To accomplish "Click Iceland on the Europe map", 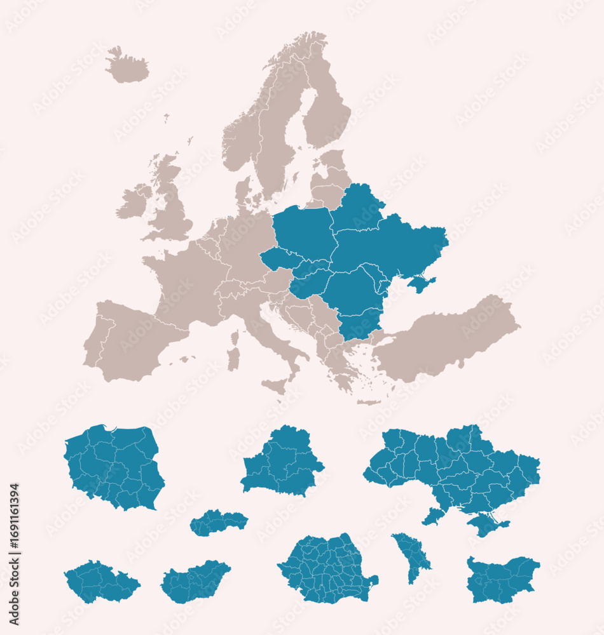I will coord(127,67).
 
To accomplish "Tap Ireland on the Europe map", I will coord(132,202).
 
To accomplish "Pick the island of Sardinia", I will coord(233,358).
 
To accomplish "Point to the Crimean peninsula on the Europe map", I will coord(422,283).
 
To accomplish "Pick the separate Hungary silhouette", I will coord(195,581).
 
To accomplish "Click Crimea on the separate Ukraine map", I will coord(486,525).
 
